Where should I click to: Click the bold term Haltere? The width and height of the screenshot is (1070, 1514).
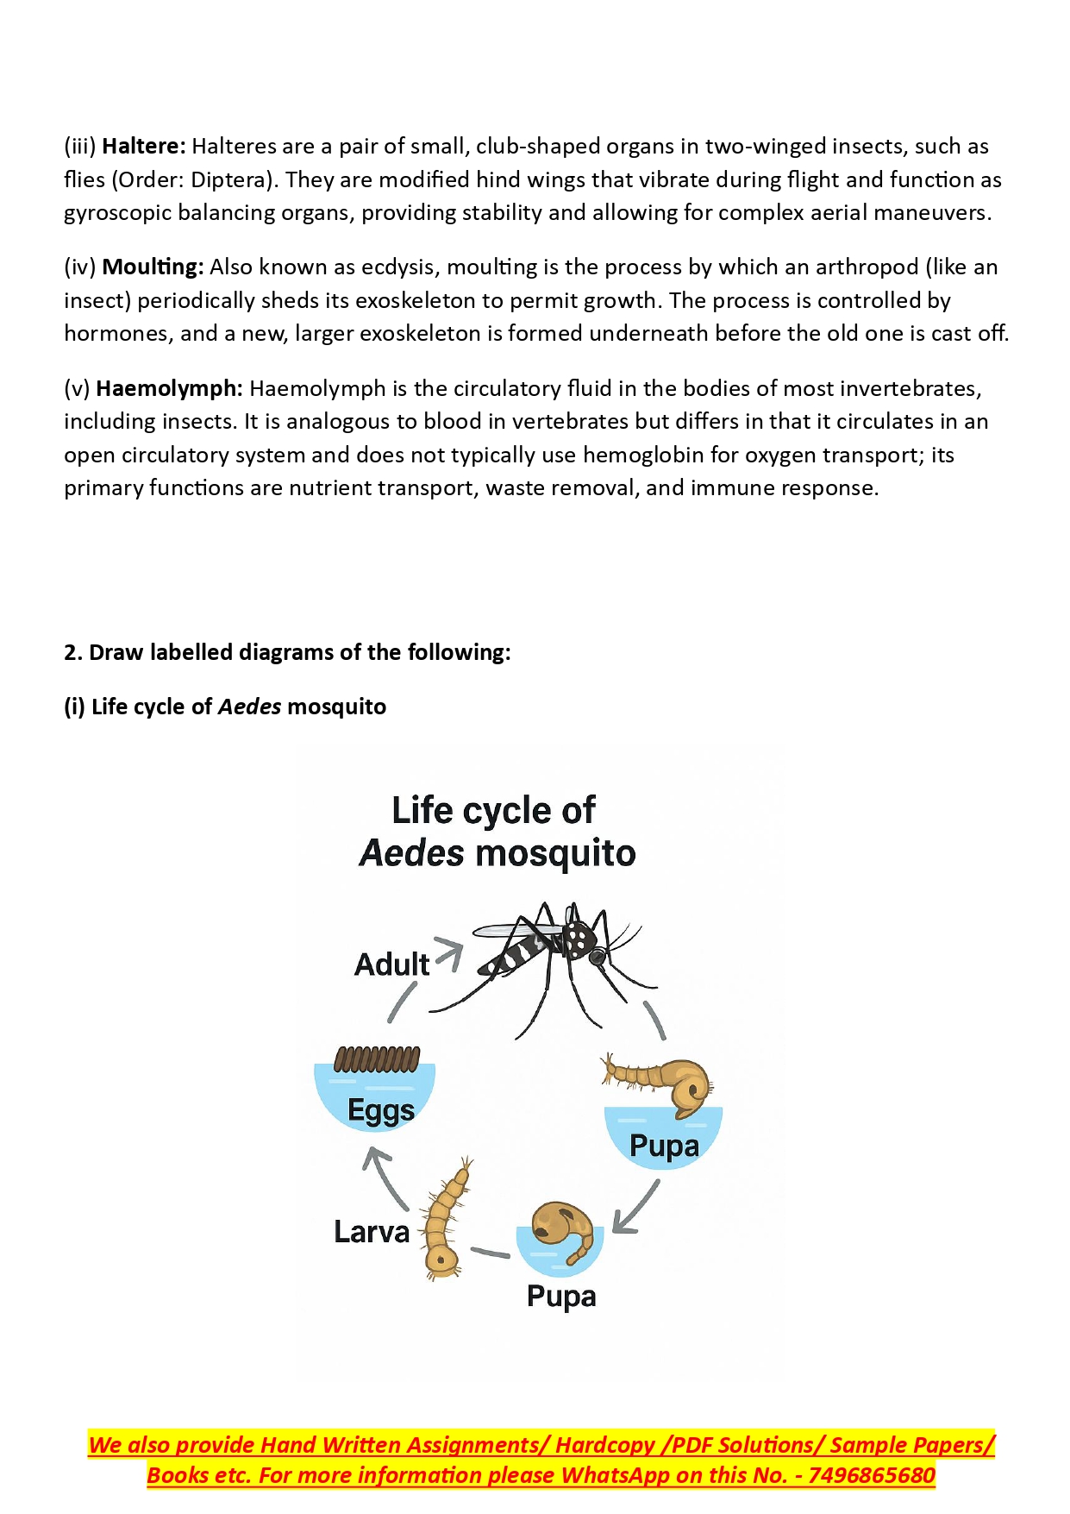point(143,147)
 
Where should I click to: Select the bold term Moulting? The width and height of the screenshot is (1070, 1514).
point(153,267)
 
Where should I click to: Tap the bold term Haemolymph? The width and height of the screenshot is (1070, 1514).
point(169,389)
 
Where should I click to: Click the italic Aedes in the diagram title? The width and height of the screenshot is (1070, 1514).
point(411,853)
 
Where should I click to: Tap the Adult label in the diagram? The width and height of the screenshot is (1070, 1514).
point(391,964)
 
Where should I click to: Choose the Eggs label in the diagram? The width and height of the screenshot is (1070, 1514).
point(380,1111)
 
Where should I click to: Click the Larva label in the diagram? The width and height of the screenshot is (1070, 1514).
point(372,1232)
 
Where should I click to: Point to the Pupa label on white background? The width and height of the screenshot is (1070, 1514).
point(561,1297)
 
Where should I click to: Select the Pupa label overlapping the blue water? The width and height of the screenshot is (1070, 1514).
point(664,1146)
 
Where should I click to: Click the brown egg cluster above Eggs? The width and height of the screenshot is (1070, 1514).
point(377,1059)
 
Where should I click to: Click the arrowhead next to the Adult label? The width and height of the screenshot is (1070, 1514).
point(450,952)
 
